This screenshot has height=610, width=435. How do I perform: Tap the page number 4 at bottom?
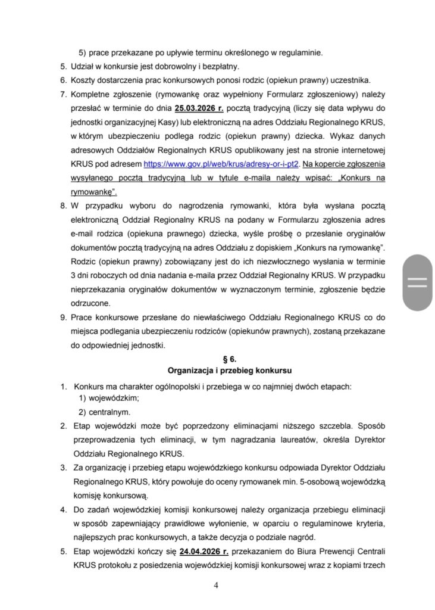(x=217, y=585)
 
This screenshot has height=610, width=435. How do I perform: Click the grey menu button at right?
(x=417, y=282)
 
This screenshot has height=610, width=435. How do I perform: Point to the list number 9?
(x=63, y=318)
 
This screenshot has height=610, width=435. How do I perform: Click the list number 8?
(x=63, y=206)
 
